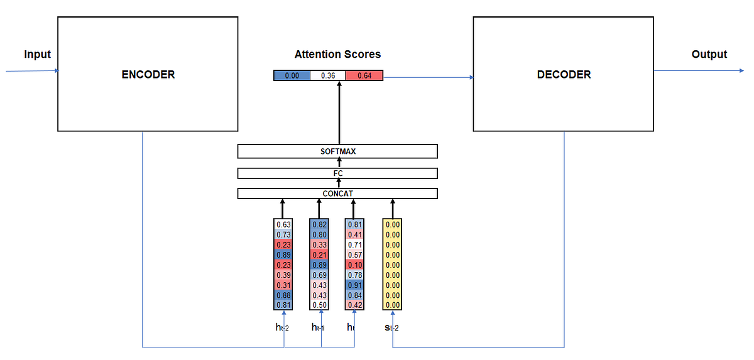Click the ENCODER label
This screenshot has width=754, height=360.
(148, 74)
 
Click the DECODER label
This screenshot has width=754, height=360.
(564, 74)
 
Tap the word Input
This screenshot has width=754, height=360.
(37, 55)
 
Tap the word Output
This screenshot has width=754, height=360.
(709, 55)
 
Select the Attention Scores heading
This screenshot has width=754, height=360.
(337, 55)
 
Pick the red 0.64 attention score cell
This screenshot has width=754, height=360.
(364, 76)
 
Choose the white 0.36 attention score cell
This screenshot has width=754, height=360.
(328, 76)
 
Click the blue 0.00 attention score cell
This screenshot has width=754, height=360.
(292, 76)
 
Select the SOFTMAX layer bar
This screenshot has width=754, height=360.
(337, 151)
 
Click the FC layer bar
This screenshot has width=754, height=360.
(337, 173)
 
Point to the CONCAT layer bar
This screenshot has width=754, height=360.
(337, 194)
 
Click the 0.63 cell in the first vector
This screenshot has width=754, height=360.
(283, 224)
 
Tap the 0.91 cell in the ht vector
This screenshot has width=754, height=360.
(354, 285)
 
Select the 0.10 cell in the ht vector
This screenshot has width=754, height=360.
(354, 265)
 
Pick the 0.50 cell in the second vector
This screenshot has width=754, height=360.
(319, 305)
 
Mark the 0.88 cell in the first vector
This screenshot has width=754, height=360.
(283, 295)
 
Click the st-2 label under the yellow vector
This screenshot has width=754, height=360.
(391, 327)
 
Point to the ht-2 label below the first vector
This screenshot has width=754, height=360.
(283, 327)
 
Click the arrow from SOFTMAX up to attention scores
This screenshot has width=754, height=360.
(339, 113)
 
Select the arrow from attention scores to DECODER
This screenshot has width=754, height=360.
(427, 77)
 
